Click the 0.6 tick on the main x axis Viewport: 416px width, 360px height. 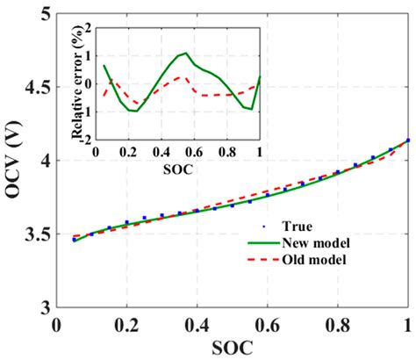point(267,324)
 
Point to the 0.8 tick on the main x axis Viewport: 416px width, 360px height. point(337,324)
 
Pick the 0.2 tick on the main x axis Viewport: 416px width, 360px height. point(126,324)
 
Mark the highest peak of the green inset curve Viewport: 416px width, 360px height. point(186,53)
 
